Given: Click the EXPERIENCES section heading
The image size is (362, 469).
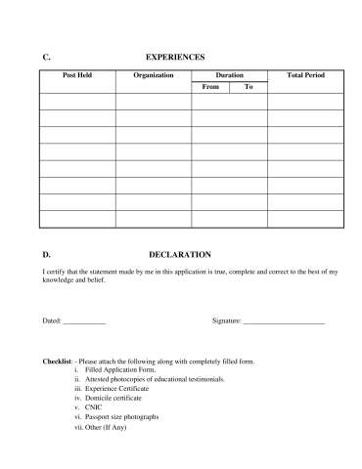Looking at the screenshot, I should [174, 58].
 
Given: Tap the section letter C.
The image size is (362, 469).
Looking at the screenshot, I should [47, 58].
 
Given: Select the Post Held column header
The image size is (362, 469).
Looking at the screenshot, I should [77, 75].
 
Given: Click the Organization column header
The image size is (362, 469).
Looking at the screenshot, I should [154, 75].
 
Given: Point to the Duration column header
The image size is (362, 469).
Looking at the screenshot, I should [229, 75].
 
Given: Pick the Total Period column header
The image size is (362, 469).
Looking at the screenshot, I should [305, 75].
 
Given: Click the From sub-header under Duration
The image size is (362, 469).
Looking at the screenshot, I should [210, 87].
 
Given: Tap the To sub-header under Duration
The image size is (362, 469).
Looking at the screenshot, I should [249, 87].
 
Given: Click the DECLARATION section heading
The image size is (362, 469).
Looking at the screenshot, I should [180, 254].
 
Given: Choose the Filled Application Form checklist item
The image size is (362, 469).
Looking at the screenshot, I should [120, 370].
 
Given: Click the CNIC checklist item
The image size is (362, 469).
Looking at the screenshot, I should [95, 407].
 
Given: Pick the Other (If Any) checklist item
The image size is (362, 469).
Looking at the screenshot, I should [107, 426].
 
